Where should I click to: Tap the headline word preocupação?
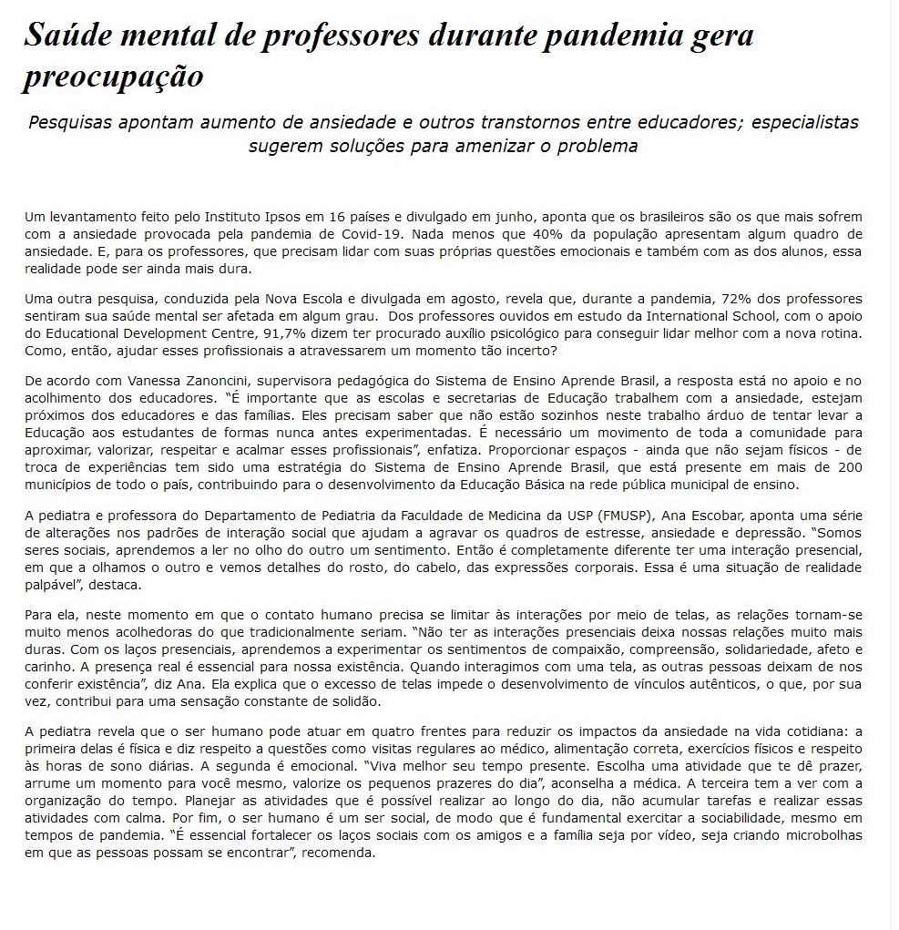[x=113, y=77]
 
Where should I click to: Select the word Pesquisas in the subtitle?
[x=70, y=122]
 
